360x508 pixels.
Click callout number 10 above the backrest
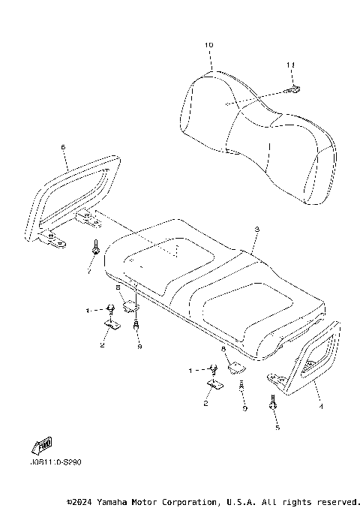[x=208, y=46]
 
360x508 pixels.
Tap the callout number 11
[x=290, y=66]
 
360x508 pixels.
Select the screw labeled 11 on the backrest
[x=295, y=89]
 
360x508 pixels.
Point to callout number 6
[x=63, y=147]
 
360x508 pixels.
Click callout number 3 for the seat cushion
[x=256, y=229]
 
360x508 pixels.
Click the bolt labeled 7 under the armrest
[x=97, y=246]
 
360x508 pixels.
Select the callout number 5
[x=276, y=427]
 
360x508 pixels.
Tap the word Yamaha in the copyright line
[x=119, y=500]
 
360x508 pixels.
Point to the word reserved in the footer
[x=339, y=500]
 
